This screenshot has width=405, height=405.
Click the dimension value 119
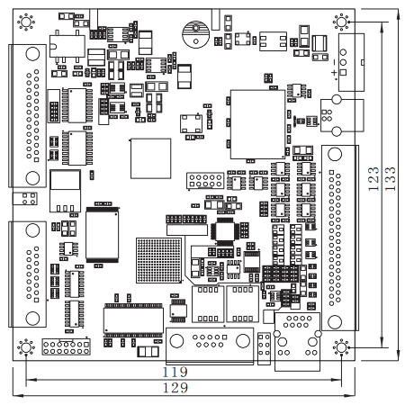click(175, 373)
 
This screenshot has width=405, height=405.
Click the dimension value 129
click(175, 388)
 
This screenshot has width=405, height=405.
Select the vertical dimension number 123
click(373, 179)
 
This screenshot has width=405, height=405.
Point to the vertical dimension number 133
click(390, 179)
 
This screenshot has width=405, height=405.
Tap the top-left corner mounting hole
click(26, 22)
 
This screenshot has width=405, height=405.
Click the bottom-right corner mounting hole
click(341, 347)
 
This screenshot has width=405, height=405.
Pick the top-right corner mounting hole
click(341, 22)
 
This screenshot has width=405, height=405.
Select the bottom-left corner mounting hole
click(26, 347)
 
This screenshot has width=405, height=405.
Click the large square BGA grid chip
click(159, 260)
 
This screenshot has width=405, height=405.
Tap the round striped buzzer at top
click(195, 34)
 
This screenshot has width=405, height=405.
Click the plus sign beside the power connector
click(334, 72)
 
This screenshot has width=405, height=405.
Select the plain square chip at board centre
click(150, 158)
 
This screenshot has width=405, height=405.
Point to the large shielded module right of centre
click(257, 124)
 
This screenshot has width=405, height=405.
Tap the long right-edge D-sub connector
click(340, 238)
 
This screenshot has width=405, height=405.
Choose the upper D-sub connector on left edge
click(27, 116)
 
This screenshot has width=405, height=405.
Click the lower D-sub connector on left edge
click(27, 274)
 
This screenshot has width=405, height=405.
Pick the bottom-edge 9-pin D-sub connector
click(210, 346)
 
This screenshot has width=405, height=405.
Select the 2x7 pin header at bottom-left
click(67, 347)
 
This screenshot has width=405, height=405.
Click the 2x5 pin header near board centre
click(205, 181)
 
